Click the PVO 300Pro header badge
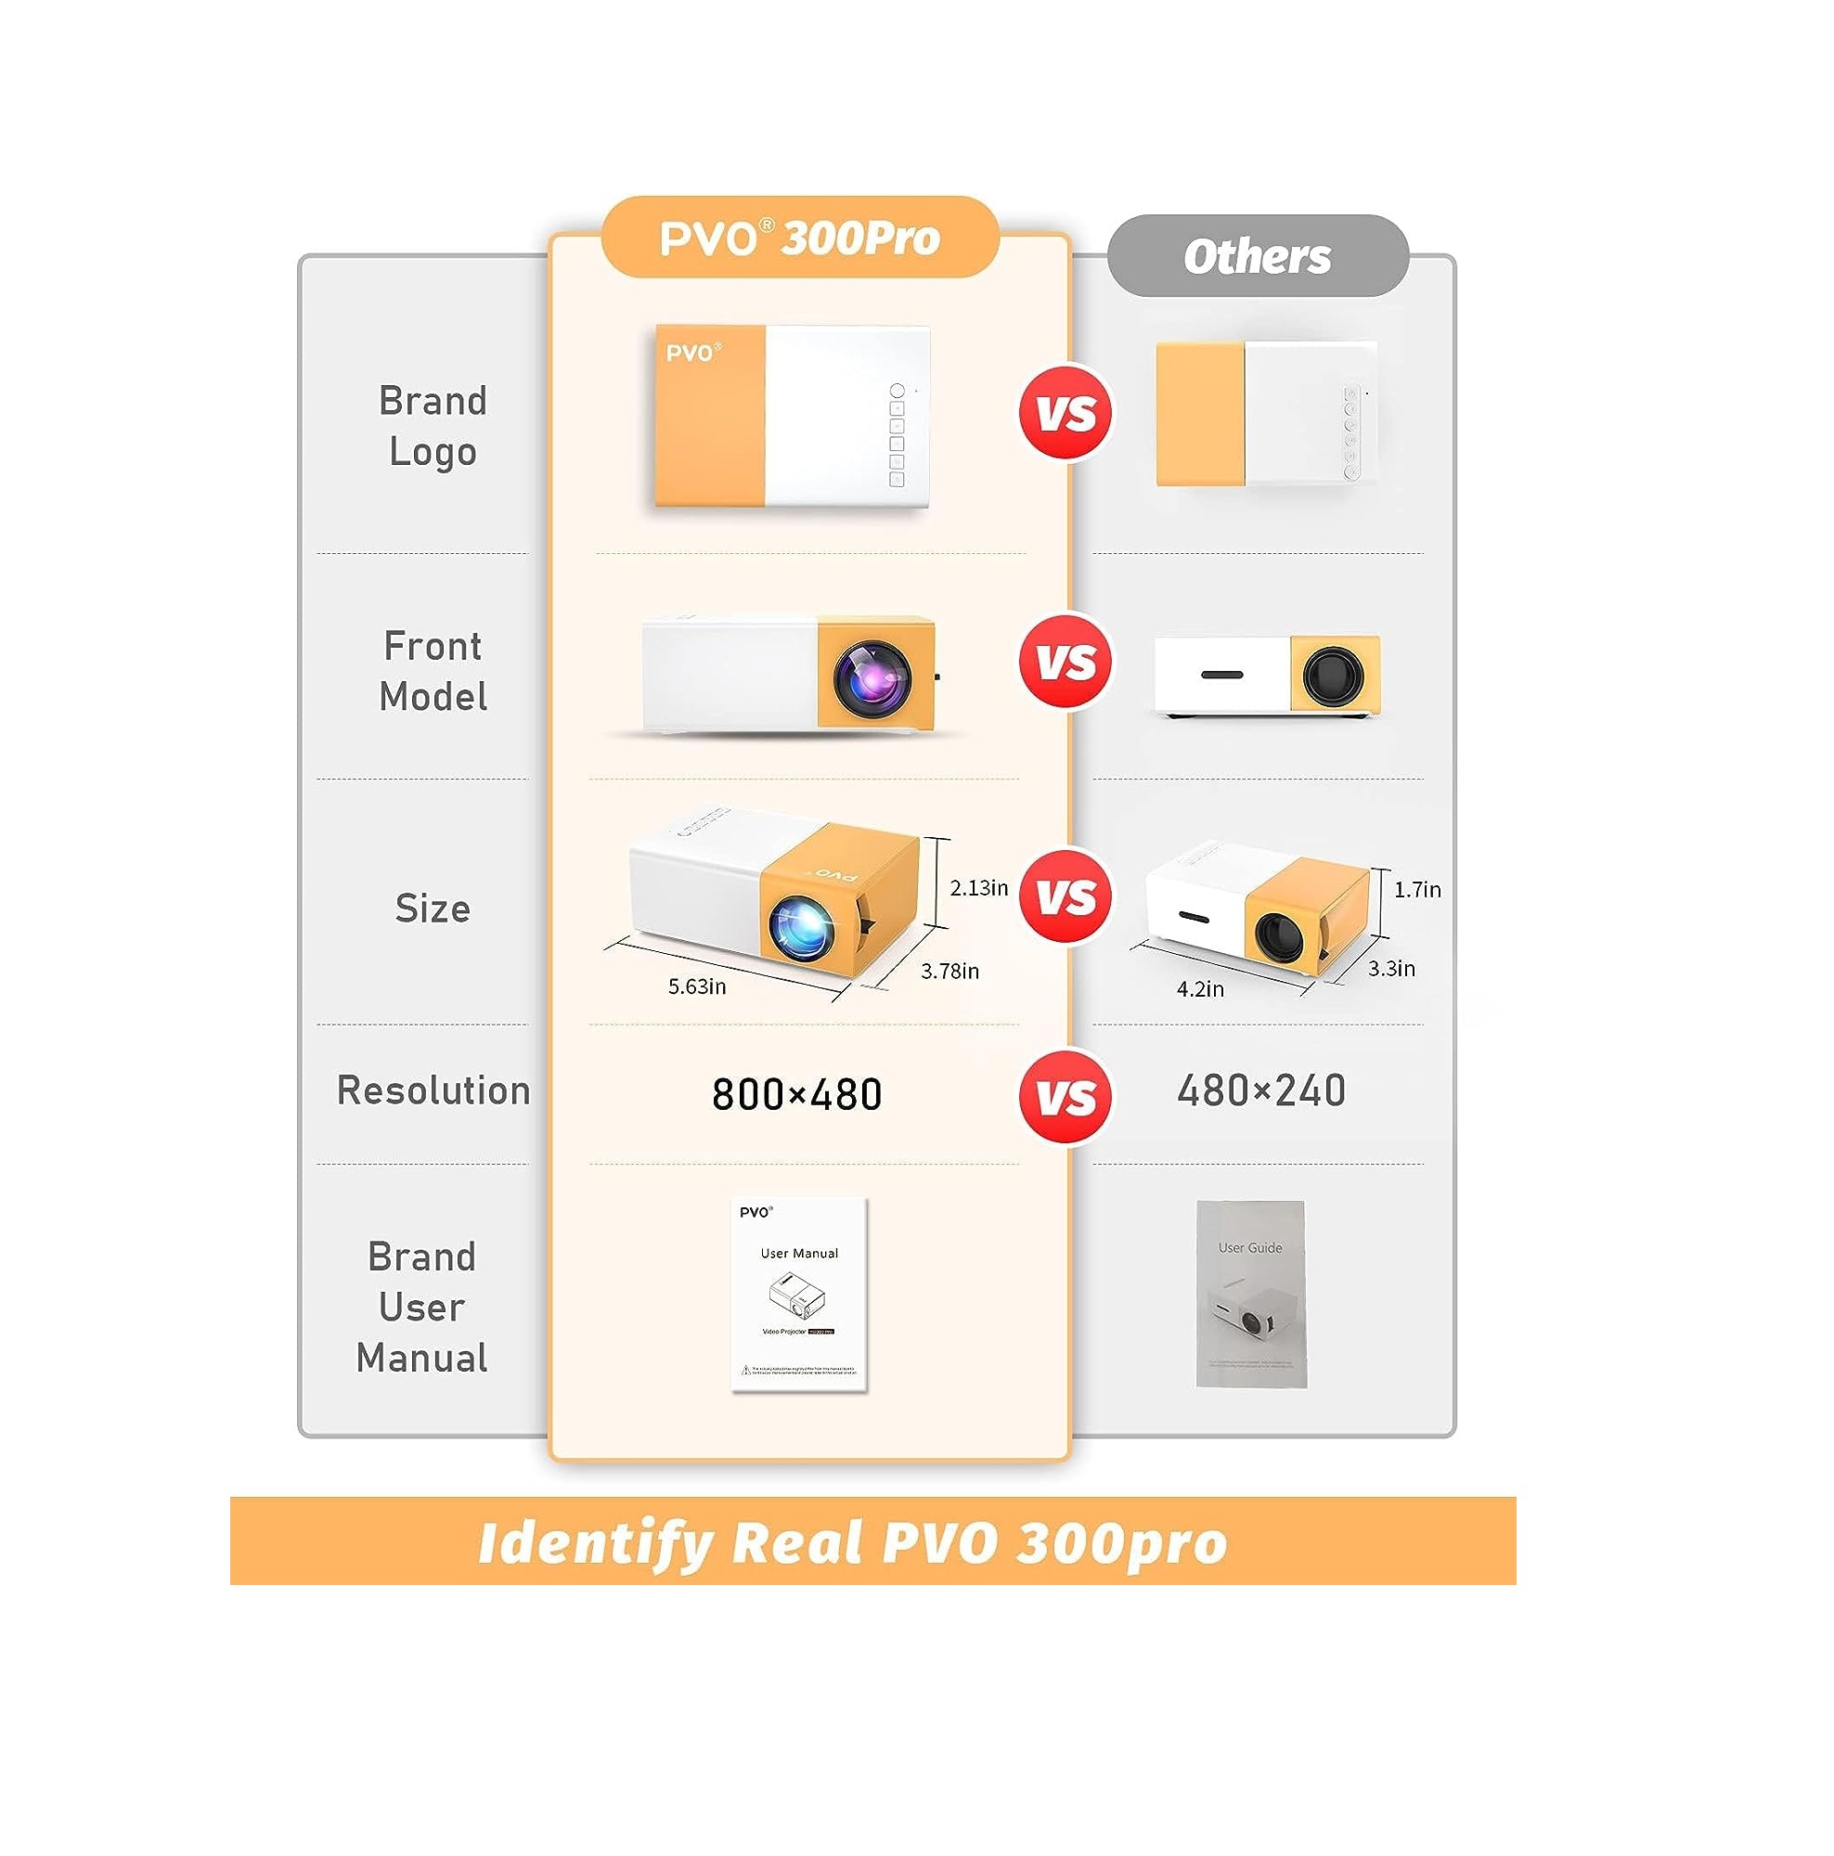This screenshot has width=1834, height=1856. tap(799, 238)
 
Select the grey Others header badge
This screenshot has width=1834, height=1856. tap(1257, 255)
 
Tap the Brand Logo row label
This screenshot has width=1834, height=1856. tap(433, 426)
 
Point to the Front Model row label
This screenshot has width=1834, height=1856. tap(433, 671)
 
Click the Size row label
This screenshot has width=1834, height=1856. tap(433, 908)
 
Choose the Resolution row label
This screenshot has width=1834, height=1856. tap(433, 1090)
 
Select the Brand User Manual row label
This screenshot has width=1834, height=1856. tap(421, 1307)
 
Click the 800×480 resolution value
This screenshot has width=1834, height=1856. tap(796, 1094)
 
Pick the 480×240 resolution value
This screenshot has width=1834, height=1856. tap(1260, 1090)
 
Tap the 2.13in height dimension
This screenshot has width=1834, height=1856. tap(978, 888)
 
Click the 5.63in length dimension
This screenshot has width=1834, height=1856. tap(696, 986)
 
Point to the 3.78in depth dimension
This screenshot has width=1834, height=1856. tap(949, 972)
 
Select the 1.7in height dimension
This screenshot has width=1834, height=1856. tap(1417, 890)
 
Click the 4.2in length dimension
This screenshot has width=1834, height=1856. tap(1200, 988)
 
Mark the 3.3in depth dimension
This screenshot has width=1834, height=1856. tap(1391, 968)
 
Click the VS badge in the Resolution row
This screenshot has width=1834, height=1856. tap(1066, 1096)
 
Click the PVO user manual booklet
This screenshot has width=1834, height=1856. tap(798, 1293)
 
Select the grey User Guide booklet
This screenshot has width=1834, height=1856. tap(1250, 1293)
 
